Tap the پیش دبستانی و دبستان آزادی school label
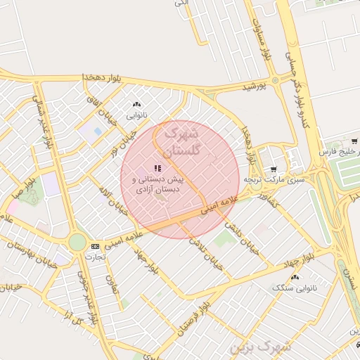[157, 184]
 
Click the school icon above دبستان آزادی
[157, 168]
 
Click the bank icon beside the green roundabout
[95, 245]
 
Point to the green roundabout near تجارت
[77, 243]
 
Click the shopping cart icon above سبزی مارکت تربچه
[273, 169]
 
